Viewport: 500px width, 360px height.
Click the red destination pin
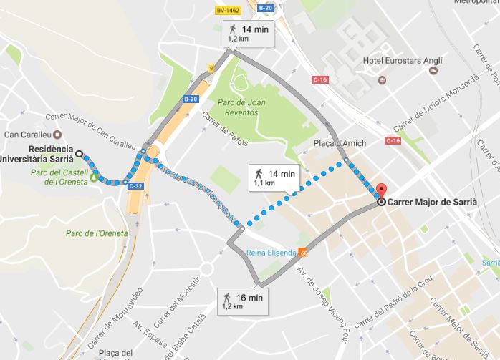(381, 191)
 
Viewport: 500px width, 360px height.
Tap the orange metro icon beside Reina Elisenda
(304, 252)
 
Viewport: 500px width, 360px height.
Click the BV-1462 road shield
(227, 9)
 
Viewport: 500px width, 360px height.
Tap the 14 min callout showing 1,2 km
(247, 34)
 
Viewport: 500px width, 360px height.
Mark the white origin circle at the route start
(80, 153)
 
